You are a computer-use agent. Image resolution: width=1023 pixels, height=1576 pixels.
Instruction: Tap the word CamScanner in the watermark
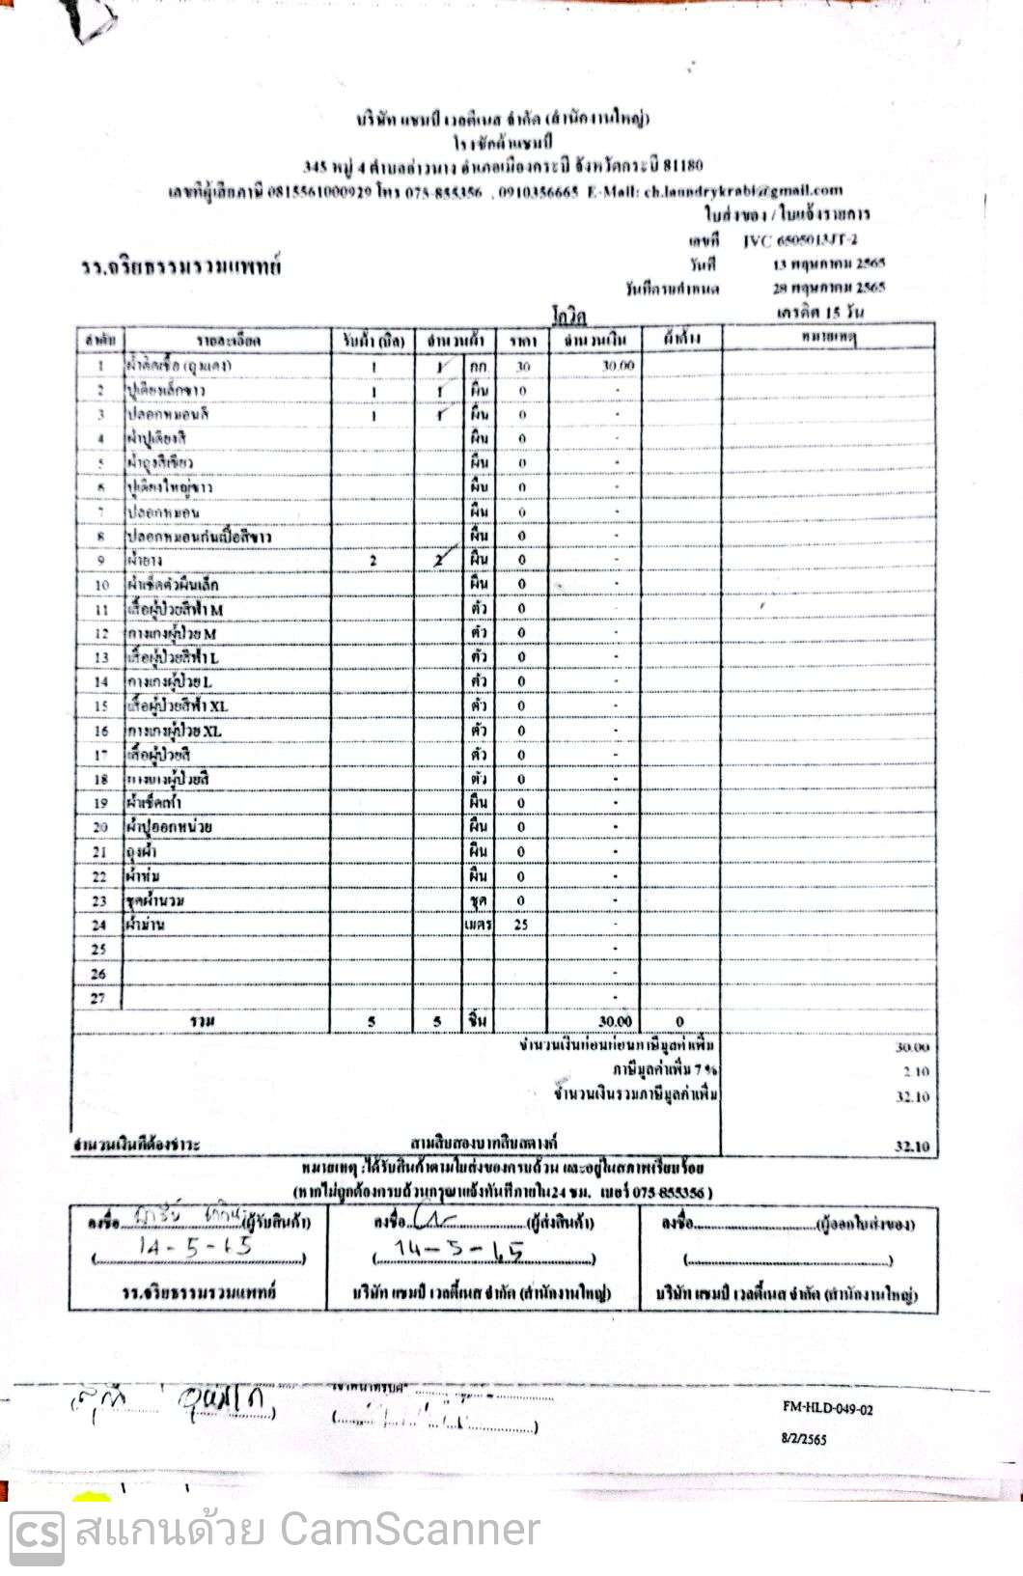pyautogui.click(x=408, y=1530)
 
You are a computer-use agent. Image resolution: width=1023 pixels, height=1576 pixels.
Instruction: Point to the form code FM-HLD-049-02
pyautogui.click(x=827, y=1408)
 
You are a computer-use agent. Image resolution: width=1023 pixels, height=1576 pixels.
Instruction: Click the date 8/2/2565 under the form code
pyautogui.click(x=804, y=1438)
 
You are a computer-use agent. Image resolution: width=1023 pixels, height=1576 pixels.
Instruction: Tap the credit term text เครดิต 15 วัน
pyautogui.click(x=819, y=312)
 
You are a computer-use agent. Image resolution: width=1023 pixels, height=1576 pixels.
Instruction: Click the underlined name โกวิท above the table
pyautogui.click(x=569, y=316)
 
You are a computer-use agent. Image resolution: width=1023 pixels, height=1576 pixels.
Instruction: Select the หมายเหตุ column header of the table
pyautogui.click(x=828, y=338)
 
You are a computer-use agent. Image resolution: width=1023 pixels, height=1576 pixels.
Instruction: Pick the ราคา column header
pyautogui.click(x=523, y=340)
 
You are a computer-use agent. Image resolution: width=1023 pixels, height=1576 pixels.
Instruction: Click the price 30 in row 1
pyautogui.click(x=523, y=367)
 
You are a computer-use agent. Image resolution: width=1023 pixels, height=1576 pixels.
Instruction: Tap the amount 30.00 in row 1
pyautogui.click(x=618, y=366)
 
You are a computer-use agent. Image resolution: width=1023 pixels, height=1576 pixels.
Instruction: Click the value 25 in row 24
pyautogui.click(x=522, y=924)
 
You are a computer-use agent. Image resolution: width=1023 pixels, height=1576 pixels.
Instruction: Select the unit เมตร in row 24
pyautogui.click(x=478, y=924)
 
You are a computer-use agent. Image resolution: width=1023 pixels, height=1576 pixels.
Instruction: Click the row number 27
pyautogui.click(x=98, y=998)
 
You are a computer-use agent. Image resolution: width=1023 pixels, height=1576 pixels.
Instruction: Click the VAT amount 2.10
pyautogui.click(x=916, y=1071)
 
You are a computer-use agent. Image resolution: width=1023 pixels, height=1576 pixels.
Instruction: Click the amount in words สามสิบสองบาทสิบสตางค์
pyautogui.click(x=484, y=1144)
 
